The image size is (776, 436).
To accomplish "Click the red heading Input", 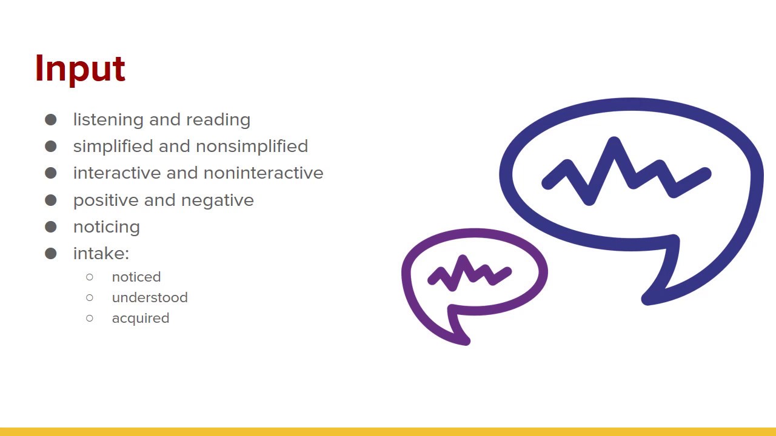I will tap(80, 68).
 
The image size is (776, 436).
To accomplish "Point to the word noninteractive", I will tap(263, 173).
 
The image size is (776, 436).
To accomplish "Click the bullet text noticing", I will tap(107, 227).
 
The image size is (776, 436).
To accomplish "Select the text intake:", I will tap(101, 254).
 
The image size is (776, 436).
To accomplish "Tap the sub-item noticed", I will tap(136, 277).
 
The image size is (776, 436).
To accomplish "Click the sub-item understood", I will tap(150, 298).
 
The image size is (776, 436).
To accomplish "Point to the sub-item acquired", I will tap(141, 319).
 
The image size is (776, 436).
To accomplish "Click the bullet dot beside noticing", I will tap(51, 227).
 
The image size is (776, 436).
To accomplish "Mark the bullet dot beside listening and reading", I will tap(51, 120).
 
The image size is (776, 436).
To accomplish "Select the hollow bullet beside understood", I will tap(90, 297).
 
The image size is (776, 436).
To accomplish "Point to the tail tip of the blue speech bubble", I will tap(646, 300).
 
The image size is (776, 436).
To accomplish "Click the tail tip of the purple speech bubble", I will tap(466, 342).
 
